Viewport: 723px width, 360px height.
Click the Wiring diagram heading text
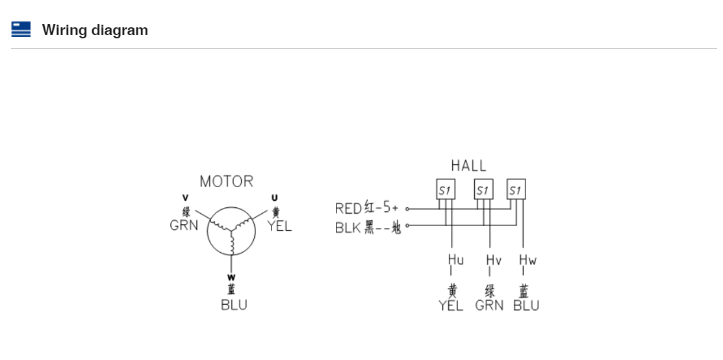95,30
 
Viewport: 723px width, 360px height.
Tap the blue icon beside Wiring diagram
21,29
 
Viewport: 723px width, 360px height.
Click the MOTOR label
226,181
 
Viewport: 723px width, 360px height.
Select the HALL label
468,166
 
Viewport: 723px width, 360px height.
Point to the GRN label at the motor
184,225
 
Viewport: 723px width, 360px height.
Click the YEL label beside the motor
280,225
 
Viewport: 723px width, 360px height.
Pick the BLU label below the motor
234,305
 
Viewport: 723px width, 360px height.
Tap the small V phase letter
186,198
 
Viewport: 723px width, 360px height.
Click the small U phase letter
274,198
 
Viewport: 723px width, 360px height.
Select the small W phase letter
231,277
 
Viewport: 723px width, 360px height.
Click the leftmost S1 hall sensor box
446,190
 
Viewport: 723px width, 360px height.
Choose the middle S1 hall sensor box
483,190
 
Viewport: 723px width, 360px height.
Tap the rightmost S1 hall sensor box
516,190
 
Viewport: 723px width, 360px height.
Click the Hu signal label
456,260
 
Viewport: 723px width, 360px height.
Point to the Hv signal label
494,260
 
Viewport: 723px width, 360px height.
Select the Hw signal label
527,260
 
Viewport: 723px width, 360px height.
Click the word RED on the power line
348,209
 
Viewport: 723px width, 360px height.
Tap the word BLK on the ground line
348,228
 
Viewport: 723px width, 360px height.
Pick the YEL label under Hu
451,305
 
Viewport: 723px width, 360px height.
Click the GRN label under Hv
489,305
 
